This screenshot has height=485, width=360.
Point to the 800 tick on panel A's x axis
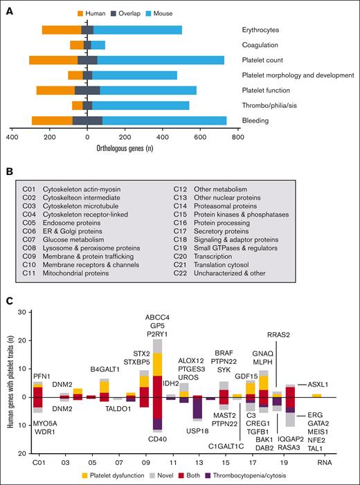[x=237, y=138]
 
